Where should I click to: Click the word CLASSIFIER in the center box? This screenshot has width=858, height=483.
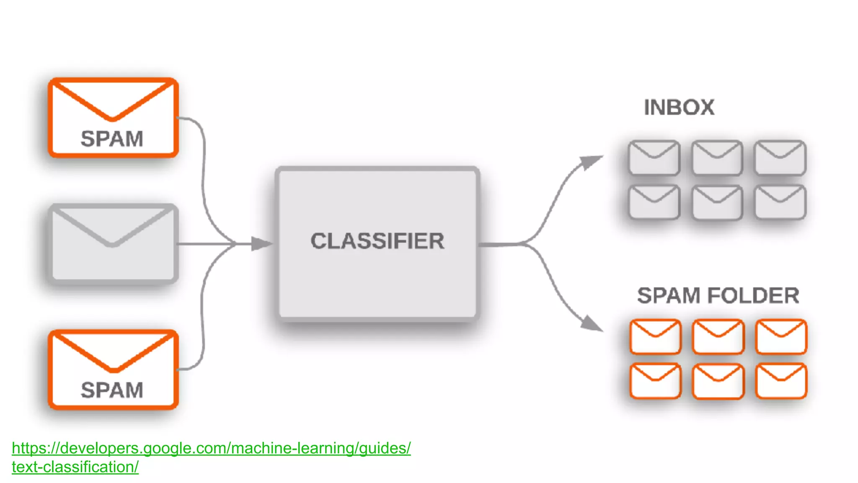377,241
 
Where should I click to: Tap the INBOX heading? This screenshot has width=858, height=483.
679,108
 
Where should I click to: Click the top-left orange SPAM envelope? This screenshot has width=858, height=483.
113,117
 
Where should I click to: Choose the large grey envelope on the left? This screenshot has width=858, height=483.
113,243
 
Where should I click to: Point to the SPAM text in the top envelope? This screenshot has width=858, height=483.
112,139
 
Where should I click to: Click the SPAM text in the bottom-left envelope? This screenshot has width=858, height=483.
112,390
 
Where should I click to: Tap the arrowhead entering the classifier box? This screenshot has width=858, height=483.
261,243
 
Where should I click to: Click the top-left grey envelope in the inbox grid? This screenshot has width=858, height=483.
654,158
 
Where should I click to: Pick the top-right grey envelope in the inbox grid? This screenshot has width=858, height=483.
780,158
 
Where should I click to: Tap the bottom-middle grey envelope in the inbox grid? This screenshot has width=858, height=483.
717,203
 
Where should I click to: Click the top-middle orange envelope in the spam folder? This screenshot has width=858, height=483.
718,336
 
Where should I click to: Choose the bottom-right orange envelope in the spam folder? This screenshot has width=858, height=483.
781,381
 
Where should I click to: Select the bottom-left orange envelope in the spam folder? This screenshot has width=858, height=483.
655,381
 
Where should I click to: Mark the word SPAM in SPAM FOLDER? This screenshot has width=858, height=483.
669,296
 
